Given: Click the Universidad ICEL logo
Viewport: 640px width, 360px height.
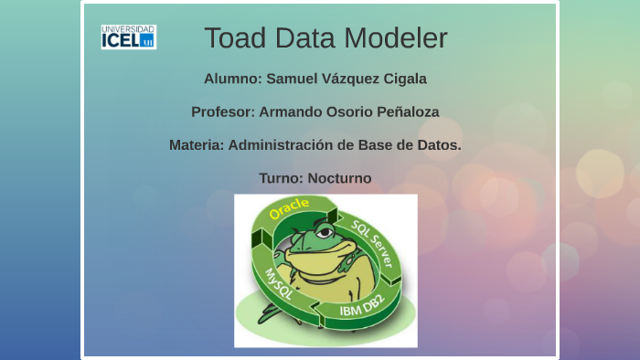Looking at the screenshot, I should coord(128,37).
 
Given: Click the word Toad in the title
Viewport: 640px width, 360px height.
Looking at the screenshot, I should coord(233,38).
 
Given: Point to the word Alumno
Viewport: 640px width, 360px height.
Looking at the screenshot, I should coord(231,79).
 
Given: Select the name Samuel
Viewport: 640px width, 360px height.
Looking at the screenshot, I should coord(293,79).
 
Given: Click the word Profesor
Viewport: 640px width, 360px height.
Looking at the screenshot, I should coord(222,111).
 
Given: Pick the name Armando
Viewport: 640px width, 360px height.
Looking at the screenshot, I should coord(292,111).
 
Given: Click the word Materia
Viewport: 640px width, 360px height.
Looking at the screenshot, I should coord(196,144).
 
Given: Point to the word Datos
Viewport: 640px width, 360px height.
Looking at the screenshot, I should coord(439,144).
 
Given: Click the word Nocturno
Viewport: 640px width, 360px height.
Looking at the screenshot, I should coord(339,178).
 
